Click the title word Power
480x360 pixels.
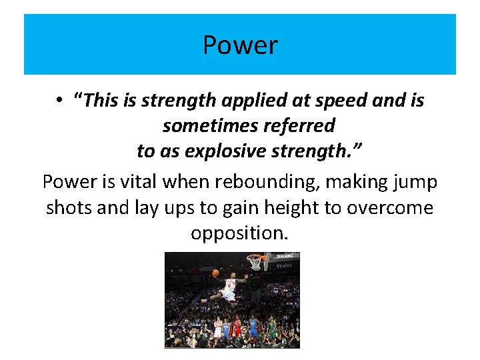click(x=240, y=45)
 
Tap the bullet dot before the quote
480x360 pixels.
click(x=59, y=101)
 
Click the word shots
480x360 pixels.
click(x=69, y=207)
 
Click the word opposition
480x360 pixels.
click(x=240, y=233)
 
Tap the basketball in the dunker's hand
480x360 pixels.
click(x=216, y=273)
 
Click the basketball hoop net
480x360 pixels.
click(x=255, y=262)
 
